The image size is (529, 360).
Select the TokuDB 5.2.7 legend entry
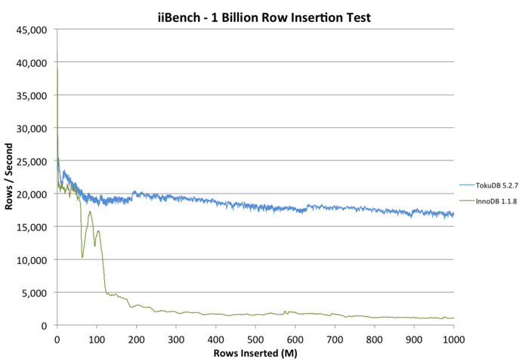pyautogui.click(x=488, y=185)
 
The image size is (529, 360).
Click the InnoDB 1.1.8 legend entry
pyautogui.click(x=488, y=200)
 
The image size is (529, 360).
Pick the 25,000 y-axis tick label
pyautogui.click(x=34, y=161)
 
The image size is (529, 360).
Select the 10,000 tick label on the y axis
pyautogui.click(x=34, y=260)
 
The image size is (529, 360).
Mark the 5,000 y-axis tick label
pyautogui.click(x=36, y=293)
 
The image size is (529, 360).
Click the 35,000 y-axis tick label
pyautogui.click(x=34, y=95)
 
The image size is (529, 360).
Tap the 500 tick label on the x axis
pyautogui.click(x=255, y=337)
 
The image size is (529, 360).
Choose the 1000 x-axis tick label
pyautogui.click(x=453, y=337)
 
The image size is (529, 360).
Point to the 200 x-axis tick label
pyautogui.click(x=136, y=337)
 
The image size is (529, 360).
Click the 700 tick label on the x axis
pyautogui.click(x=334, y=337)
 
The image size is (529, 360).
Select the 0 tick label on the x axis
pyautogui.click(x=57, y=337)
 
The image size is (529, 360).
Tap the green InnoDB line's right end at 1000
pyautogui.click(x=453, y=318)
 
